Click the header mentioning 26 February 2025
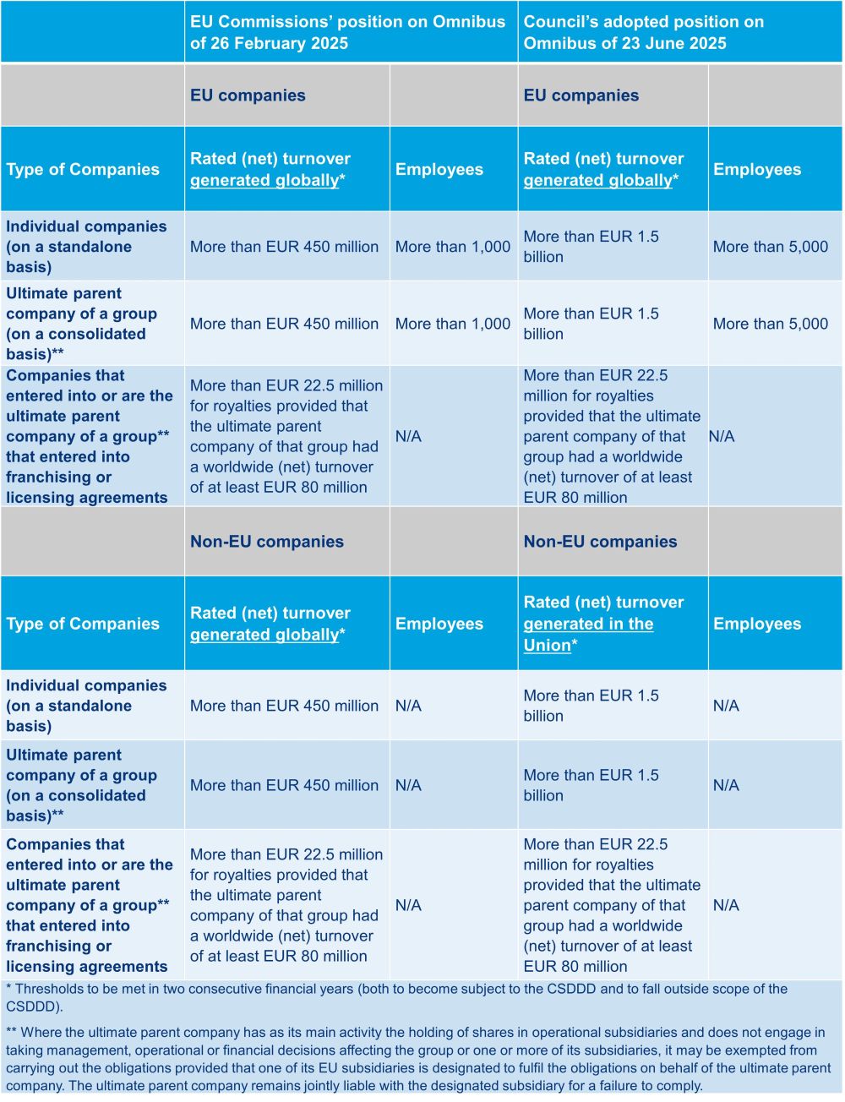tap(347, 32)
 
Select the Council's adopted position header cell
tap(643, 32)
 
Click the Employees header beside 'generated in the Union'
tap(756, 624)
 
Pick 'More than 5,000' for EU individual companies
tap(770, 247)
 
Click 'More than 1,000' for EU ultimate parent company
tap(452, 324)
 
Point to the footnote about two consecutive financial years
tap(397, 997)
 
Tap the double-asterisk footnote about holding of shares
tap(418, 1059)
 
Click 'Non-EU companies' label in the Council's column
tap(600, 542)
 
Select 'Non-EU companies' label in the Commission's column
tap(266, 542)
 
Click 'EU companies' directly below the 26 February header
tap(248, 95)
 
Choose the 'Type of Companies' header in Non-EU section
tap(83, 624)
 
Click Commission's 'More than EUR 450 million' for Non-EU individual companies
tap(284, 706)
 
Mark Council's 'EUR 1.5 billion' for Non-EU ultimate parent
tap(591, 785)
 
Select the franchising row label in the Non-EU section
tap(89, 905)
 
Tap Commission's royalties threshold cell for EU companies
tap(286, 436)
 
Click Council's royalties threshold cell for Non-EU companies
tap(611, 905)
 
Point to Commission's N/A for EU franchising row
tap(408, 436)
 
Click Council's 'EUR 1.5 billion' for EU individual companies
tap(591, 247)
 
